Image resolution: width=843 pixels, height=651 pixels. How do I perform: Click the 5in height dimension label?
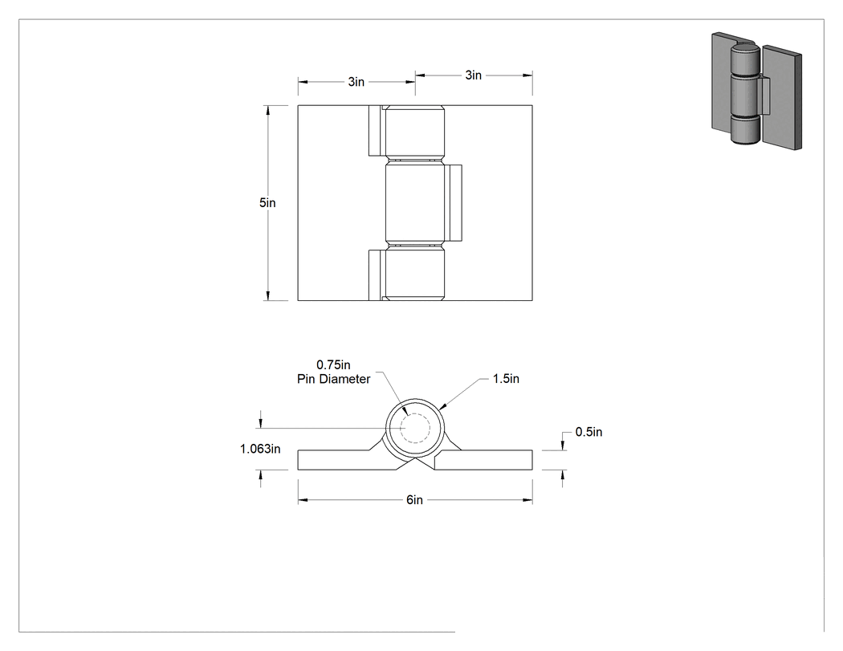(x=267, y=202)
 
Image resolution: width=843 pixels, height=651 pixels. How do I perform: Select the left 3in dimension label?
(x=356, y=82)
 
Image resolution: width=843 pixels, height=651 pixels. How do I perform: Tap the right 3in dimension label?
(x=473, y=75)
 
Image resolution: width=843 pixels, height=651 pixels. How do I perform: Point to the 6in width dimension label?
(x=414, y=500)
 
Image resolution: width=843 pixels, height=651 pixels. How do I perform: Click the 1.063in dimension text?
(x=260, y=449)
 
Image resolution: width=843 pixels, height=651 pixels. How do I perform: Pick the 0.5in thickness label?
(x=588, y=432)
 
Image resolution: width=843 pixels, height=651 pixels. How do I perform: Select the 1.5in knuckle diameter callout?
(x=506, y=378)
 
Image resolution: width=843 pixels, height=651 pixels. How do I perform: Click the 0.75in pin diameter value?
(x=333, y=365)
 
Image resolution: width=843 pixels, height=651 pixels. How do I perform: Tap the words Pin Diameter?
(x=334, y=379)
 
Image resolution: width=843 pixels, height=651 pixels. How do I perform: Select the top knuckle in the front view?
(x=415, y=132)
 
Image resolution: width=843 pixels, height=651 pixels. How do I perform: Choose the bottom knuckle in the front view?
(x=415, y=274)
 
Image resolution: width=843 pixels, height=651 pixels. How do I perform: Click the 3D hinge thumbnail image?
(x=756, y=91)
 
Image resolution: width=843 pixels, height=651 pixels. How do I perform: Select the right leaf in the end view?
(x=484, y=460)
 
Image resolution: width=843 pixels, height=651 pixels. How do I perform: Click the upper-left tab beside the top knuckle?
(x=376, y=130)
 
